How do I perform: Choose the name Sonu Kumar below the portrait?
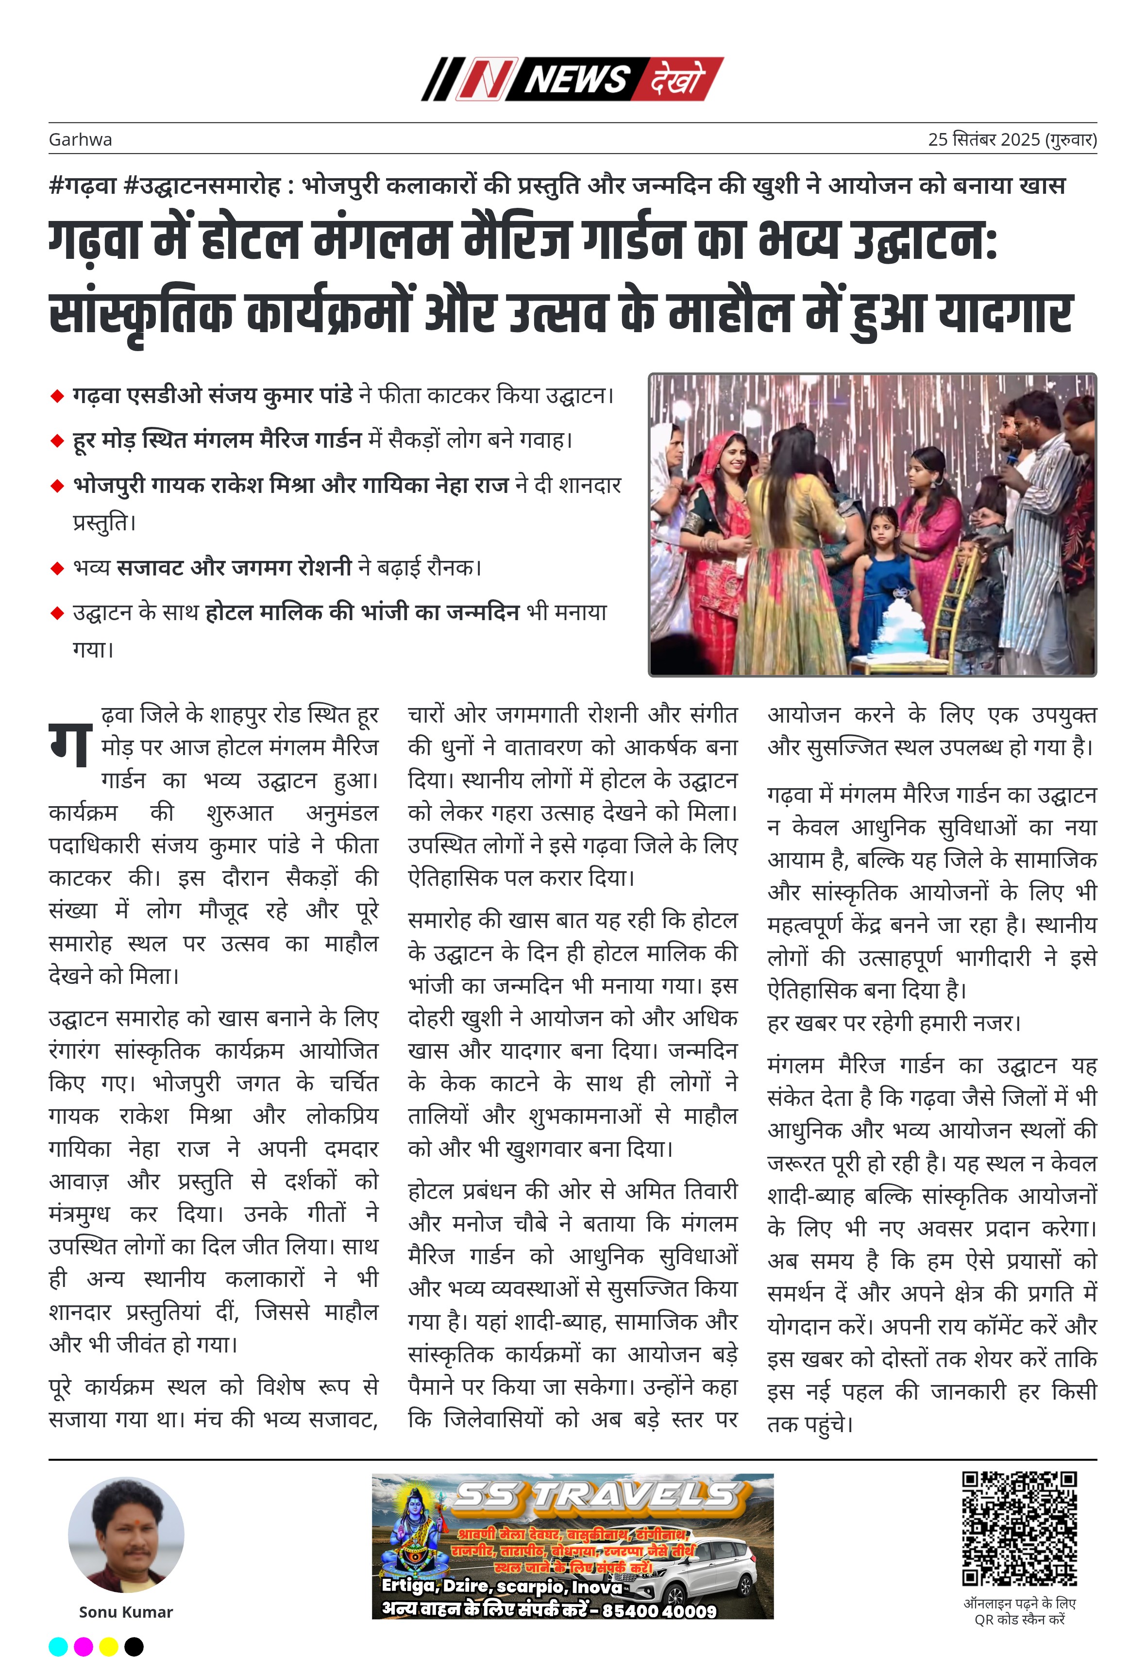pyautogui.click(x=126, y=1612)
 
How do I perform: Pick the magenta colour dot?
pyautogui.click(x=84, y=1646)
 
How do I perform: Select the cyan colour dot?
pyautogui.click(x=58, y=1646)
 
